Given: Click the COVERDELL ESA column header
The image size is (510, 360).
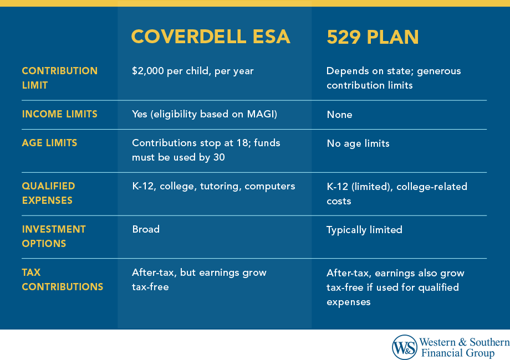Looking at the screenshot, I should click(x=210, y=37).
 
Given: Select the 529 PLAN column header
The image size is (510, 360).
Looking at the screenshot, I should click(x=373, y=37).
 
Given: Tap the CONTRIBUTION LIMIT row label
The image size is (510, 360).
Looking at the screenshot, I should click(x=59, y=78).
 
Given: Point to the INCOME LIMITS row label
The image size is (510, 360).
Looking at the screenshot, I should click(x=59, y=114).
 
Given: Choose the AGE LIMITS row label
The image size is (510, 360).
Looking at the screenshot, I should click(x=49, y=143).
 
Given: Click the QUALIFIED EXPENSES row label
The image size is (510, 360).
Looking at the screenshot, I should click(x=48, y=193).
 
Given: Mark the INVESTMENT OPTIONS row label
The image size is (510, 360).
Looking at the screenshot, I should click(x=54, y=236).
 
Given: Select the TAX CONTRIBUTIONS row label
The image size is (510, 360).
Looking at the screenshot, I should click(x=62, y=280).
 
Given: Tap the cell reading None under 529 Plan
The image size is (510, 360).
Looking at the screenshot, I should click(x=339, y=115).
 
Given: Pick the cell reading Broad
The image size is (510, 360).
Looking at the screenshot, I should click(x=145, y=229).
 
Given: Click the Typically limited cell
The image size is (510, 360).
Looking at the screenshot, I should click(x=364, y=230).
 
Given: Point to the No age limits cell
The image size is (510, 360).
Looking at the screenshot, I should click(x=358, y=143).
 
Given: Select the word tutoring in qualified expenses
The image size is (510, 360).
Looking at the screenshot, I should click(x=225, y=186).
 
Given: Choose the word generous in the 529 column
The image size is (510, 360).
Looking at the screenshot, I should click(x=441, y=71).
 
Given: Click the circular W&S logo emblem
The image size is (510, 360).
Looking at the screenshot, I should click(x=404, y=347).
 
